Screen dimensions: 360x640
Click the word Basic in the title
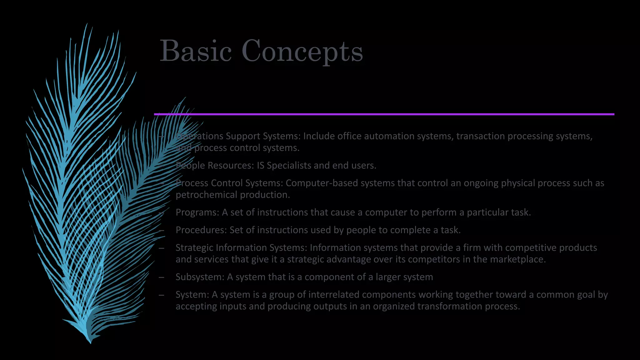[x=196, y=51]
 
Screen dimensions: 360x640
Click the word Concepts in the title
[x=302, y=52]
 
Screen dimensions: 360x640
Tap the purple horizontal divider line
[x=384, y=114]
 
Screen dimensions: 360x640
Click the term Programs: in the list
[x=197, y=212]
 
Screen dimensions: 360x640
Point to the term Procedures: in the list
[x=201, y=230]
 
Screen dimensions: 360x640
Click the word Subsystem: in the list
[x=200, y=277]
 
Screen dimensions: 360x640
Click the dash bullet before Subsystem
[x=162, y=277]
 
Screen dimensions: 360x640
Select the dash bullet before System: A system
[x=162, y=295]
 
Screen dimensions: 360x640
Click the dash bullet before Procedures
[x=162, y=230]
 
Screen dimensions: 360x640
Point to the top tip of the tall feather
[x=87, y=24]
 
